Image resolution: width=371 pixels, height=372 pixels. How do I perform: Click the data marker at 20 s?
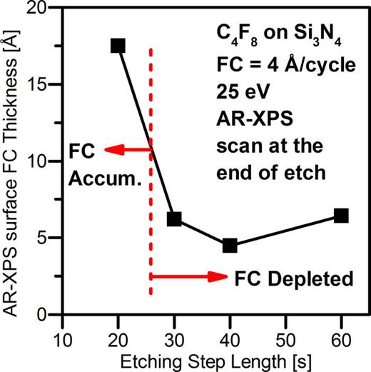coord(118,46)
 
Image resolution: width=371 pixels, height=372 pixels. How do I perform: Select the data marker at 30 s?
coord(174,219)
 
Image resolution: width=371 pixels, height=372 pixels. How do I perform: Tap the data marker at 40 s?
coord(230,246)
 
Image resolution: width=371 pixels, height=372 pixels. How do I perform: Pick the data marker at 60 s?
coord(341,216)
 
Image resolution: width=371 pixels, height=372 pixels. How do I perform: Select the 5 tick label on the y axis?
coord(50,238)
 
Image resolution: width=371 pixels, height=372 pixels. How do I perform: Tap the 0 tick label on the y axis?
coord(50,315)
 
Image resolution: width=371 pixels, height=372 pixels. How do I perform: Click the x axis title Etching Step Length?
coord(202,359)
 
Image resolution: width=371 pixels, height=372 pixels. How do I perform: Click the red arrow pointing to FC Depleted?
coord(189,277)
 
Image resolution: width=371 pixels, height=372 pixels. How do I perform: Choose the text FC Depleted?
coord(294,278)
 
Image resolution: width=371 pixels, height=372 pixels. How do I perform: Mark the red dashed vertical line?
coord(151,214)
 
